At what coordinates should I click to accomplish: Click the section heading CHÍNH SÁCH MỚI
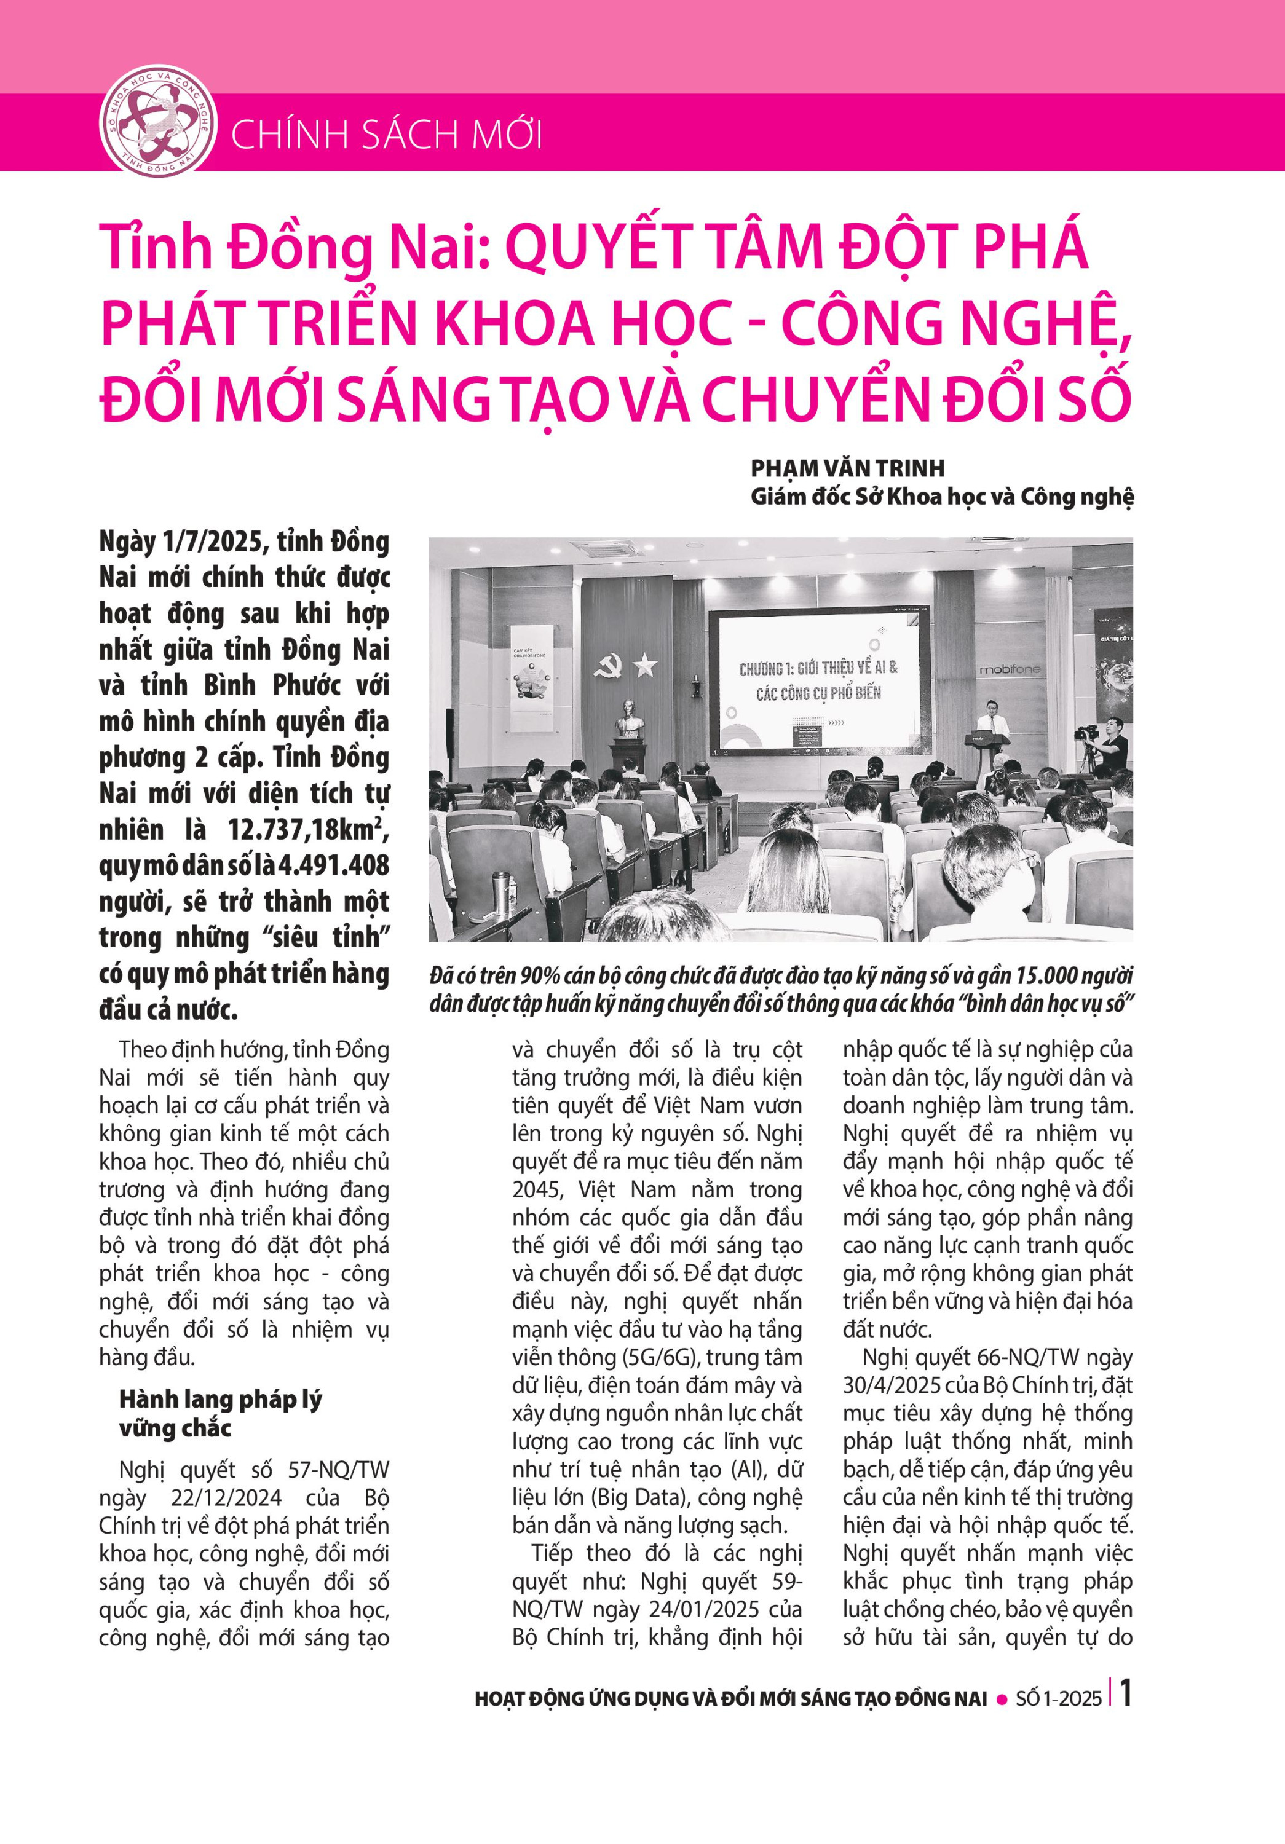386,134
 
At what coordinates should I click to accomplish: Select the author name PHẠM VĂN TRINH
847,468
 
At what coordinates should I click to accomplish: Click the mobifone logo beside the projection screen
1009,669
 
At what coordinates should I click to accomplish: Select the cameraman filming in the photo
1109,744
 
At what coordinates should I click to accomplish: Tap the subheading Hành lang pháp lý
220,1399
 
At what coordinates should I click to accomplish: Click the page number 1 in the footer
1126,1694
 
